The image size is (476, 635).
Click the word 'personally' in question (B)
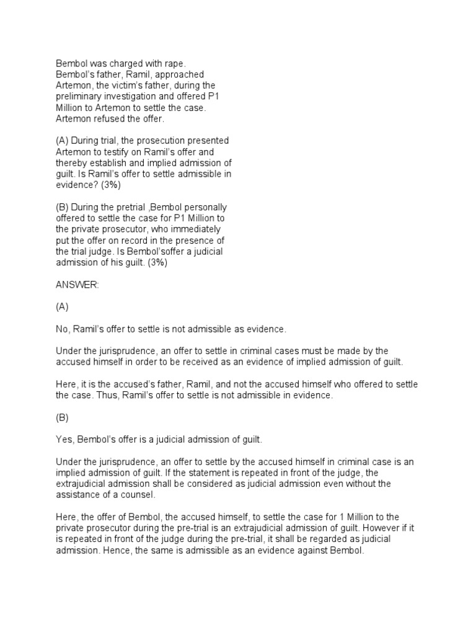click(206, 207)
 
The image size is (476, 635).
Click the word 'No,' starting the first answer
click(63, 330)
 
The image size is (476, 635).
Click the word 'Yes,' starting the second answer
click(65, 440)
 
